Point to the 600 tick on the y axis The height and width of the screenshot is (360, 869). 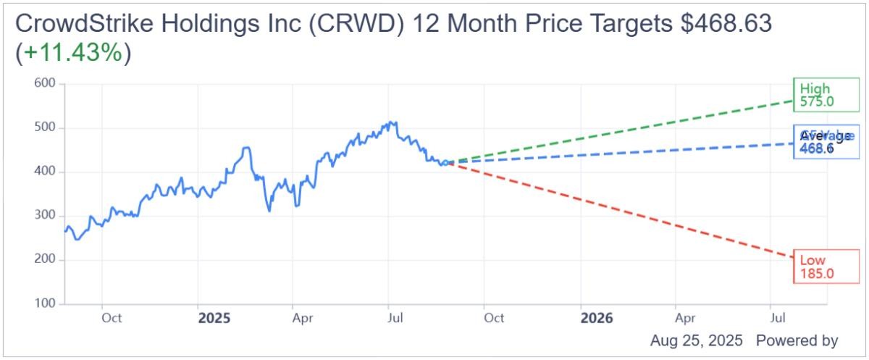pos(46,84)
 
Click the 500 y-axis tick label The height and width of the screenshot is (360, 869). pos(46,128)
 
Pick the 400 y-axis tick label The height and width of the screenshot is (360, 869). pos(46,172)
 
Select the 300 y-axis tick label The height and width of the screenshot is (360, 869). pos(46,216)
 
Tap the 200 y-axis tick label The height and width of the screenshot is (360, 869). pos(46,260)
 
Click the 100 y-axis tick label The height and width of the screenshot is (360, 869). pos(46,304)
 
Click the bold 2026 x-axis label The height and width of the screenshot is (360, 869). pos(597,319)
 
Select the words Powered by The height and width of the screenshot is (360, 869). pos(797,340)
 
